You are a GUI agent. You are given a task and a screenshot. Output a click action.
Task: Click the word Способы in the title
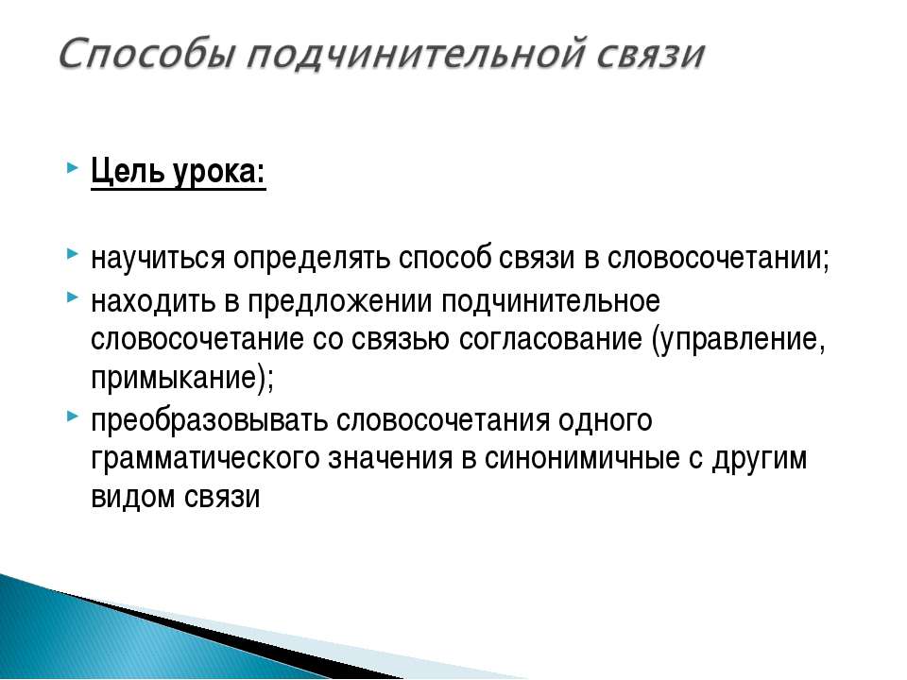(x=147, y=55)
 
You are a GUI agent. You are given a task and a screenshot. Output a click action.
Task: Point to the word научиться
(x=158, y=259)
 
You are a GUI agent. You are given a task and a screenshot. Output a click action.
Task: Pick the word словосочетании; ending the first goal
(x=718, y=258)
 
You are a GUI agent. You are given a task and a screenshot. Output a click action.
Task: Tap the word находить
(x=153, y=302)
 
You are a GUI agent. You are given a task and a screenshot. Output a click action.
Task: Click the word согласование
(x=551, y=339)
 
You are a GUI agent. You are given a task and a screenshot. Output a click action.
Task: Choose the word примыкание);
(x=182, y=379)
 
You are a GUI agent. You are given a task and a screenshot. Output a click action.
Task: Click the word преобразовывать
(x=209, y=419)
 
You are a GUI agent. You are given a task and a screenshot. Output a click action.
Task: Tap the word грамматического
(x=205, y=459)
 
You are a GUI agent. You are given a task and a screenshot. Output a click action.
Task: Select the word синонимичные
(x=582, y=458)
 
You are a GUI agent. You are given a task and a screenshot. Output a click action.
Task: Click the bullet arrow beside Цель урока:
(x=73, y=169)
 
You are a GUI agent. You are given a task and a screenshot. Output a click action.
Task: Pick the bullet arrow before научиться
(x=73, y=254)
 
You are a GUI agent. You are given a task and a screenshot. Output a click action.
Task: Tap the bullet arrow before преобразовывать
(x=73, y=416)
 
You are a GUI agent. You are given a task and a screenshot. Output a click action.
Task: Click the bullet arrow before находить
(x=73, y=297)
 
